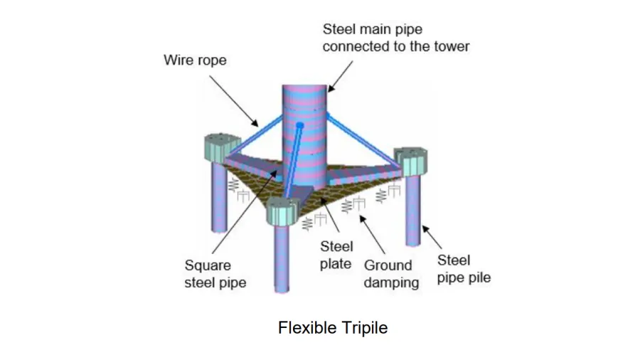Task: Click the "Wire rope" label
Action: [195, 60]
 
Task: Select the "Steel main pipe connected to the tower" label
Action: [396, 38]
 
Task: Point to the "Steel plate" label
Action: [336, 255]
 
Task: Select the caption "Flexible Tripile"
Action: [333, 328]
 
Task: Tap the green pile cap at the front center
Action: [284, 210]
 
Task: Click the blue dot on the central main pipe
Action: [300, 126]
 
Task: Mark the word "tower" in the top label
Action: [452, 46]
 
